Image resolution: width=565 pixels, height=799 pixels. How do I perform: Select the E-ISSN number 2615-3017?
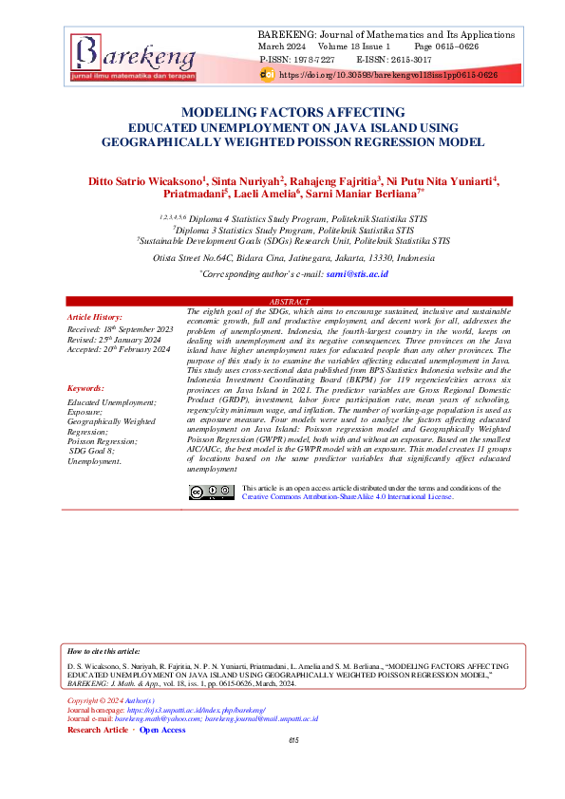(x=412, y=59)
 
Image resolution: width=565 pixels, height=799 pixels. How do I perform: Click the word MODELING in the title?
(x=219, y=111)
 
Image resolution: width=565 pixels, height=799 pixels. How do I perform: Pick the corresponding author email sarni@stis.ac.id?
(x=357, y=273)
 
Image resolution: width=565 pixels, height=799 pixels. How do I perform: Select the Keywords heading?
(x=86, y=389)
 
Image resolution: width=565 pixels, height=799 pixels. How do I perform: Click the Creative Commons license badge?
(x=211, y=492)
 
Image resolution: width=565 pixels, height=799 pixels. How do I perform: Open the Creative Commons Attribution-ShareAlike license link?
(x=348, y=496)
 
